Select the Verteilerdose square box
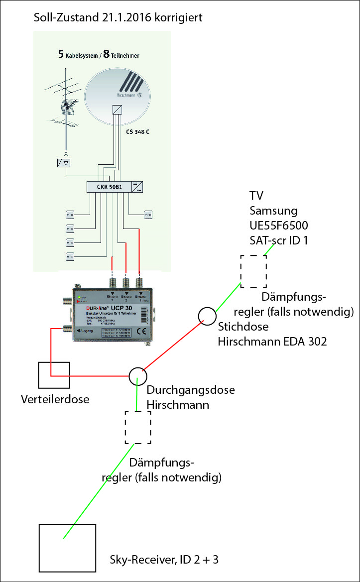coord(52,375)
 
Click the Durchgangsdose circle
coord(138,376)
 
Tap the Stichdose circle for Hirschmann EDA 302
coord(207,316)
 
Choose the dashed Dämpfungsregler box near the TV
coord(253,271)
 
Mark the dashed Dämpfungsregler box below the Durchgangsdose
coord(138,428)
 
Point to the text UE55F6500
coord(274,225)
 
